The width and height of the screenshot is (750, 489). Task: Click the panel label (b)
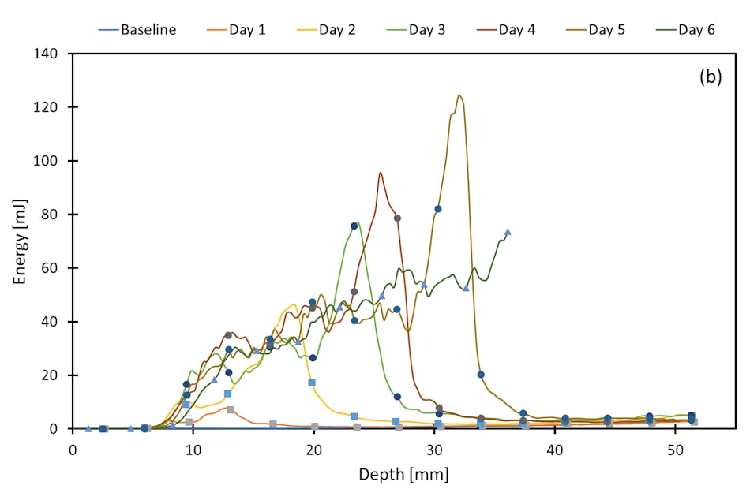point(711,77)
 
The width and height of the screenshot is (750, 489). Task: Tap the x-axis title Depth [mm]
point(403,475)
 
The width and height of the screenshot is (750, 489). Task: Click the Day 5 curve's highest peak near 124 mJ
point(459,95)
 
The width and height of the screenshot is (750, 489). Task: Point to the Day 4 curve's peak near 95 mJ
point(381,173)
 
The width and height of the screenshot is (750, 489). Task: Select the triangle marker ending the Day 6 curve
point(508,232)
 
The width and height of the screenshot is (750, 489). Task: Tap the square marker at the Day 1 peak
point(231,409)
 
